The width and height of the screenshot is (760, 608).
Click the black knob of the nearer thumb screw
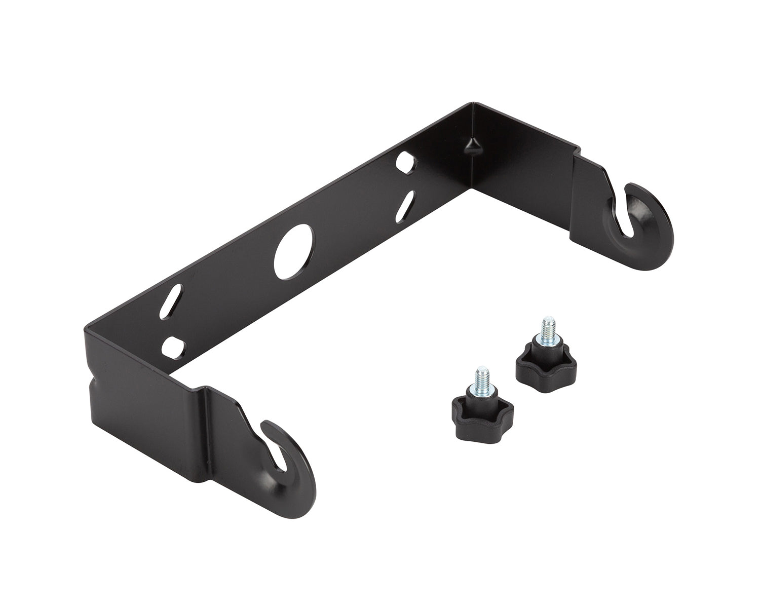482,417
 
